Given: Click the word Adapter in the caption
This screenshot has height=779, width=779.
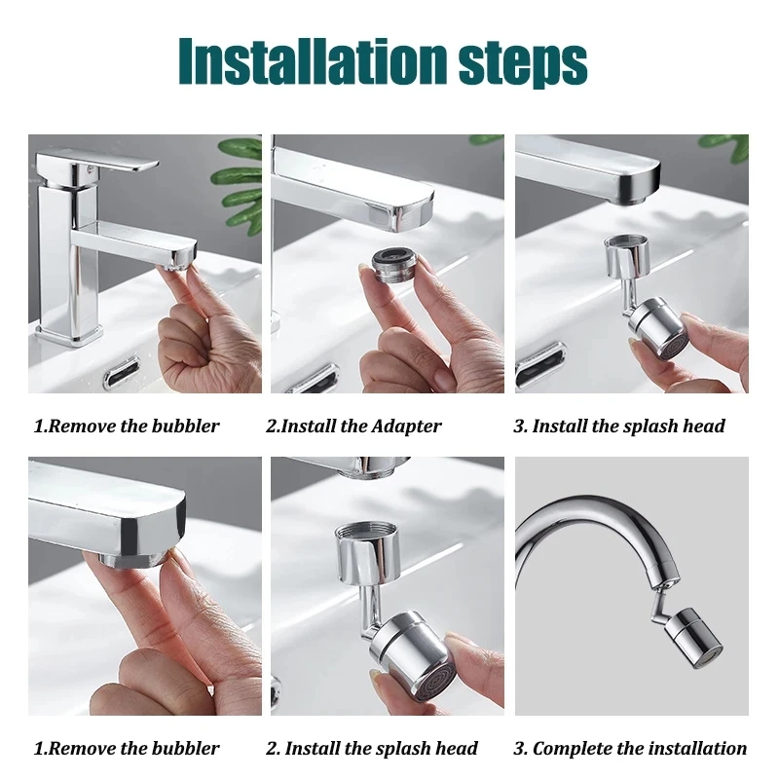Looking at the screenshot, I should point(404,427).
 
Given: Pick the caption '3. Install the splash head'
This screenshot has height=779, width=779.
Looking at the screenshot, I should point(619,427).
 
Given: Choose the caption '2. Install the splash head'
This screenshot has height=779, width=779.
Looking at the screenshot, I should point(372,749).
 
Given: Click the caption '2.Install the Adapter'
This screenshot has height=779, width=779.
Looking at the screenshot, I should point(353,427).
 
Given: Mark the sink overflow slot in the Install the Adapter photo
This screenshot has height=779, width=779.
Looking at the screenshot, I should point(313,378).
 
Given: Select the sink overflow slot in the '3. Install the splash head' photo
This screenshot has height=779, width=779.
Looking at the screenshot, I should point(540,367).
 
